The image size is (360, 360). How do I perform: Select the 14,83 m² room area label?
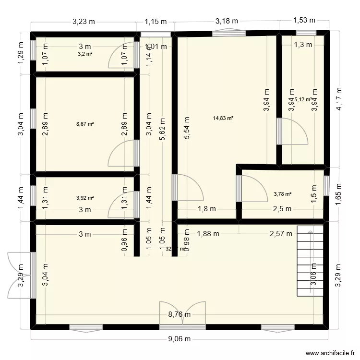223,118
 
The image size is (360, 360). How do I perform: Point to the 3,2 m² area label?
85,54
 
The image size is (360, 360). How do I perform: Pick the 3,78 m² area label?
282,194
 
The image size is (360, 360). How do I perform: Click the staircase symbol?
312,262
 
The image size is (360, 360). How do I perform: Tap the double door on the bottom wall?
183,316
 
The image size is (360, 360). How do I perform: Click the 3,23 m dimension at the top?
84,21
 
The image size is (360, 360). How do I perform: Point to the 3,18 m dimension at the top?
226,21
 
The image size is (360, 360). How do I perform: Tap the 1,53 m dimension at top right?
304,20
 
